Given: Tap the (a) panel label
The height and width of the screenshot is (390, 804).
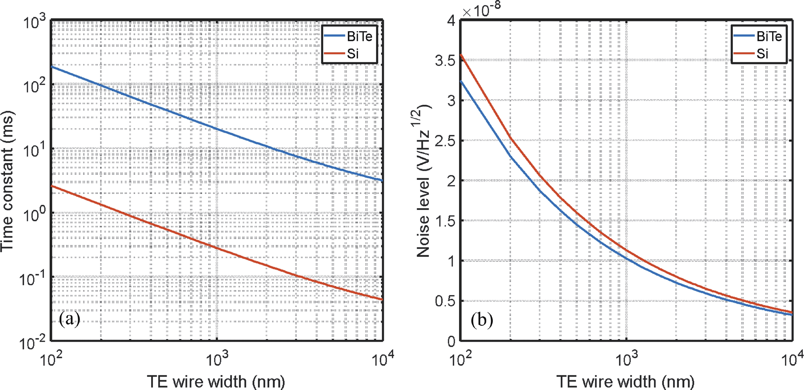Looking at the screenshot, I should (x=69, y=319).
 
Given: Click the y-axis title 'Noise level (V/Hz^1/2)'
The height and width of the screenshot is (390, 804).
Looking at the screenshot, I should (x=423, y=181).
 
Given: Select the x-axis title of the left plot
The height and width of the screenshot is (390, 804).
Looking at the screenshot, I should (x=216, y=381).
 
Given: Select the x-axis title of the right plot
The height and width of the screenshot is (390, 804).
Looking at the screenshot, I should (x=626, y=381).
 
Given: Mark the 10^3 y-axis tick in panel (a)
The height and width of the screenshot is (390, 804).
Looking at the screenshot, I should (x=34, y=22).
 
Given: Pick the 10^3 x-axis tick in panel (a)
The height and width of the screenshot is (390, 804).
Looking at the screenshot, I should (x=217, y=358).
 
